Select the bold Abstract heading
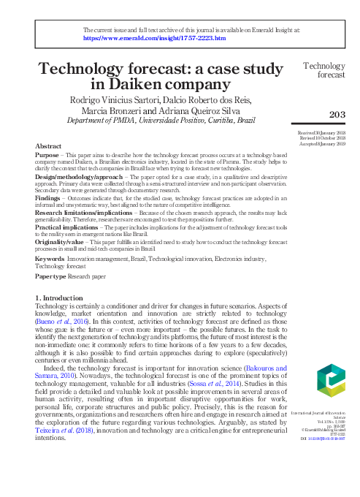point(49,145)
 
